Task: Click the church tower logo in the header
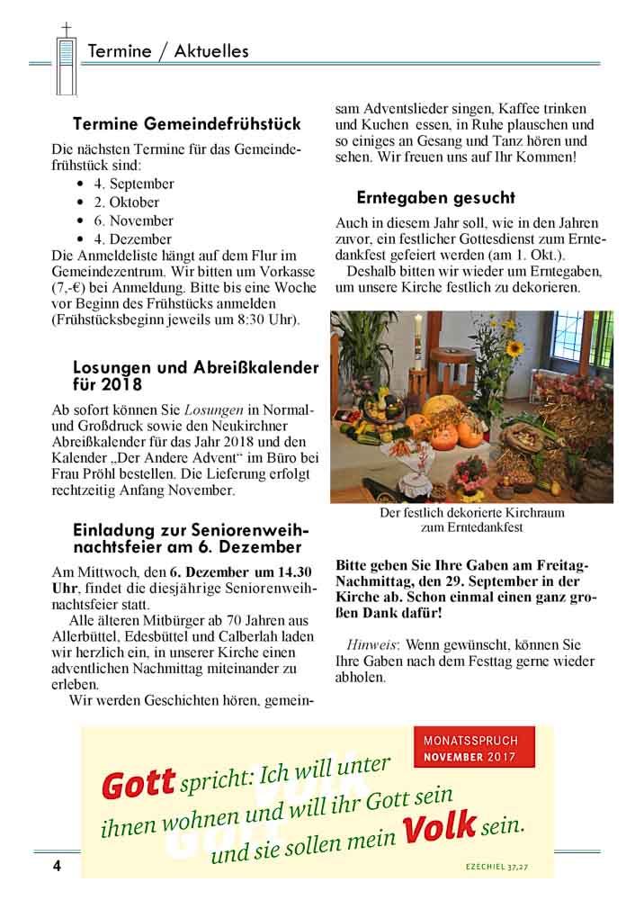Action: pos(66,59)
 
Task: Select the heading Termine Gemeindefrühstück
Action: pos(187,123)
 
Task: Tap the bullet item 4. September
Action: pos(134,184)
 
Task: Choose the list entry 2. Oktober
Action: pos(127,202)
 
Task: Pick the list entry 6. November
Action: pos(133,220)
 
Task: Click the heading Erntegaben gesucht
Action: pos(435,197)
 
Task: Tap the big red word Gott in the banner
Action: pos(138,784)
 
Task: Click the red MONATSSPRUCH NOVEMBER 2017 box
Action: pos(474,747)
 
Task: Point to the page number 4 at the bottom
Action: pos(56,866)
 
